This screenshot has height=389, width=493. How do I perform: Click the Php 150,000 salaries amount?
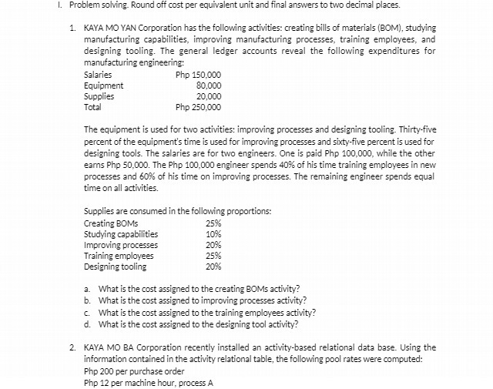coord(199,75)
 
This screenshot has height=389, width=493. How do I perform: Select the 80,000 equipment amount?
coord(209,86)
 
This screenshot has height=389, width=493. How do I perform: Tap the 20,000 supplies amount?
coord(209,96)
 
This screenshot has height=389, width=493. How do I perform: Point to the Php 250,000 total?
coord(199,107)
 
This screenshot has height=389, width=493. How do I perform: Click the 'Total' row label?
coord(92,107)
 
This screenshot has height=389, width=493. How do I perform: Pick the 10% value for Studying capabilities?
coord(213,234)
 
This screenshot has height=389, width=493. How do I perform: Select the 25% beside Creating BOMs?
coord(213,223)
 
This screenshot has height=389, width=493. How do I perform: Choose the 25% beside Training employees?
coord(213,256)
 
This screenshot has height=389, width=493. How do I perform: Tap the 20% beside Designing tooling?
coord(213,267)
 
